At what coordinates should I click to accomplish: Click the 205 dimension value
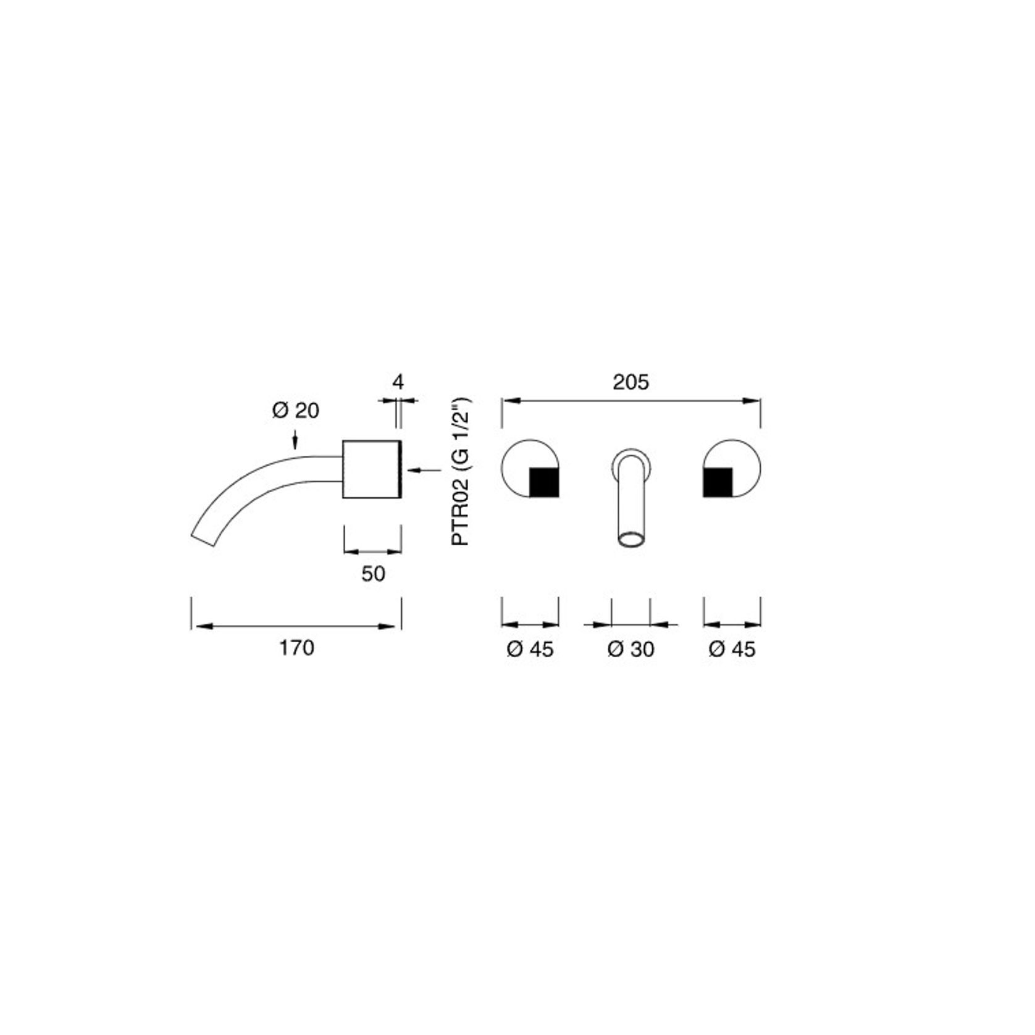click(x=631, y=383)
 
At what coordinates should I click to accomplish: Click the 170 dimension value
click(x=296, y=648)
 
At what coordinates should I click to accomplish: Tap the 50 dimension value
click(x=373, y=574)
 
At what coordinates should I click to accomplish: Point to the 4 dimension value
click(x=398, y=383)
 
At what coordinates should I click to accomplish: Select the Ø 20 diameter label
click(x=296, y=411)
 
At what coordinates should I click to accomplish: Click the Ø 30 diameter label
click(x=631, y=649)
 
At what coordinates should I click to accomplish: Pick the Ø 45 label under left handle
click(x=530, y=649)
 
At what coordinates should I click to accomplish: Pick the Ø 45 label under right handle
click(x=732, y=649)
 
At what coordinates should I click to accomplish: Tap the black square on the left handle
click(x=544, y=482)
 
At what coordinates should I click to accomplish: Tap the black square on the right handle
click(x=718, y=482)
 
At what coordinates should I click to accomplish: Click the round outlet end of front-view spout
click(x=631, y=541)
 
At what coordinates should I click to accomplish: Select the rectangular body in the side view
click(x=372, y=469)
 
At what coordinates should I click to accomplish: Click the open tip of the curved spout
click(x=204, y=539)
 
